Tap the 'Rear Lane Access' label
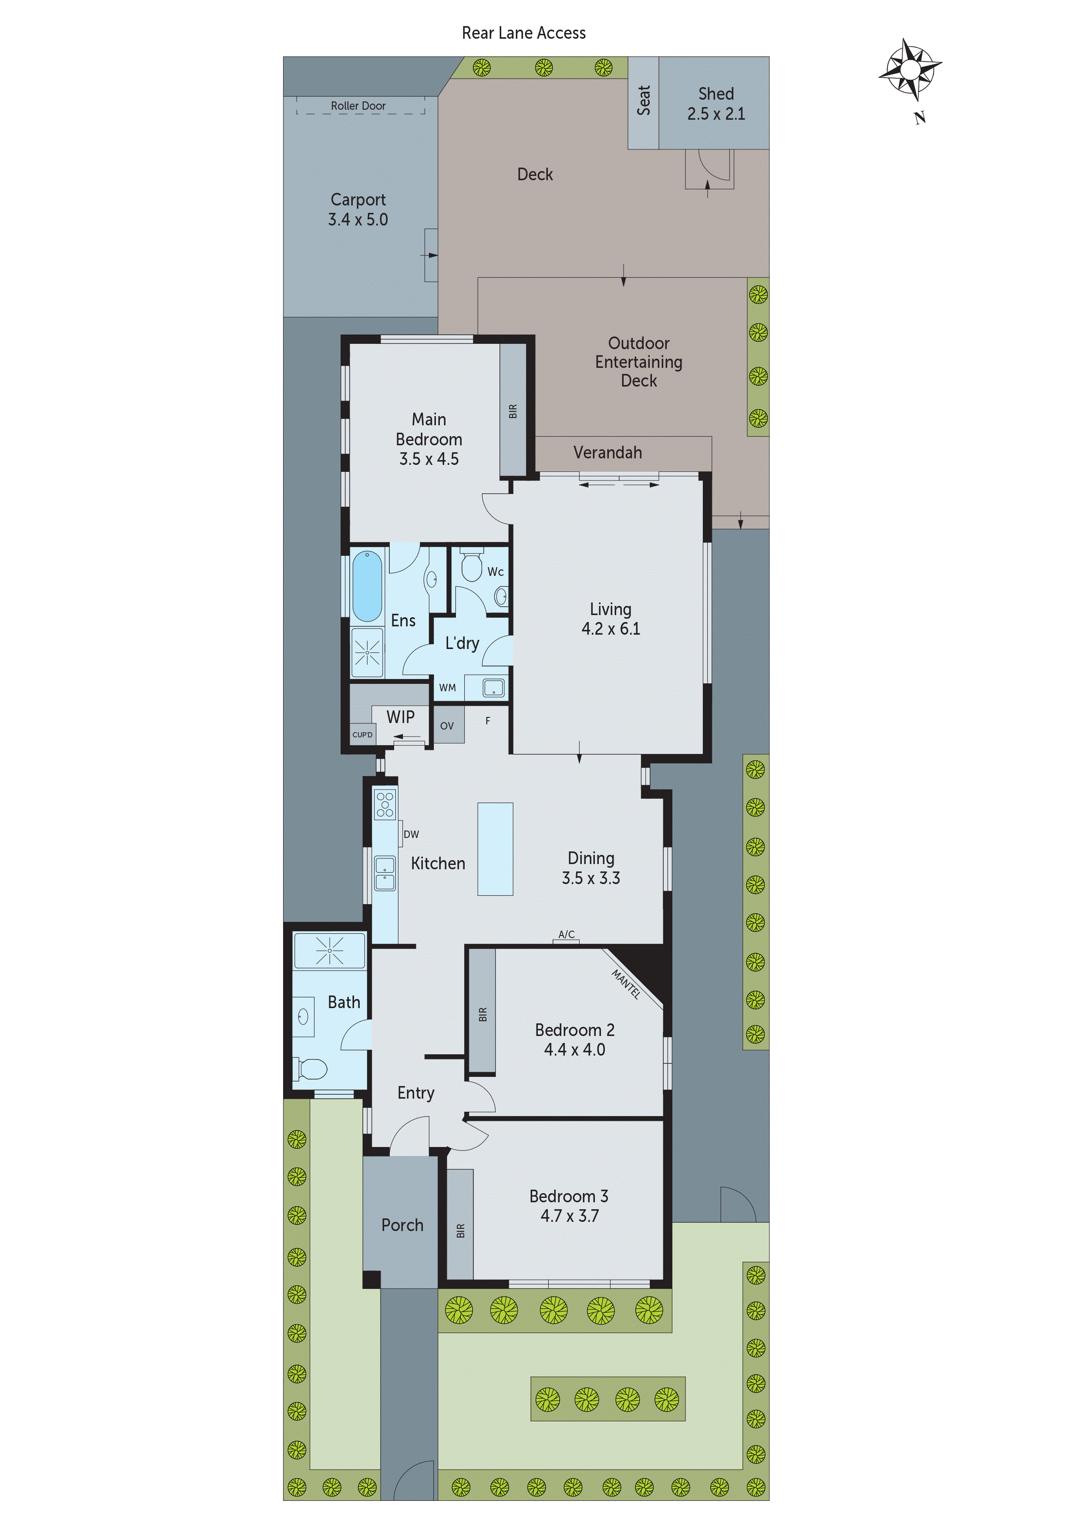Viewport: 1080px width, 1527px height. pos(524,33)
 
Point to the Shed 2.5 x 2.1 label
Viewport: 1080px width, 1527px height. pos(715,104)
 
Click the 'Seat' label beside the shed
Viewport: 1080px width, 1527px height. pos(644,101)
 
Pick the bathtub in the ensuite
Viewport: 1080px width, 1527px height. pos(367,585)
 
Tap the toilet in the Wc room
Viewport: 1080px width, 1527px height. pos(471,566)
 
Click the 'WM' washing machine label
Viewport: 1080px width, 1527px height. pos(447,688)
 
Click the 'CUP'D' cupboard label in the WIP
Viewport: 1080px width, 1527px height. pos(363,734)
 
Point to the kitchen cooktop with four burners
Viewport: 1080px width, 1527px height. pos(385,804)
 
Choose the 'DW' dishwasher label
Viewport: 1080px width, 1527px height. pos(411,834)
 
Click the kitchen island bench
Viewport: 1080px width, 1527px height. pos(495,849)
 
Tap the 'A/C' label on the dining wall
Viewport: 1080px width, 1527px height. pos(566,935)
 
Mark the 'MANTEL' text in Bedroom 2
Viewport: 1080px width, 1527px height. pos(625,984)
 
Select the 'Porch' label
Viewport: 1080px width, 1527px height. pos(402,1225)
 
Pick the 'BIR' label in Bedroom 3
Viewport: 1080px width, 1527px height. pos(460,1231)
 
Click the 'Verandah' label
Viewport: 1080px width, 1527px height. pos(607,453)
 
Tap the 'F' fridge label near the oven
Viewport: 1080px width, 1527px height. pos(488,720)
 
